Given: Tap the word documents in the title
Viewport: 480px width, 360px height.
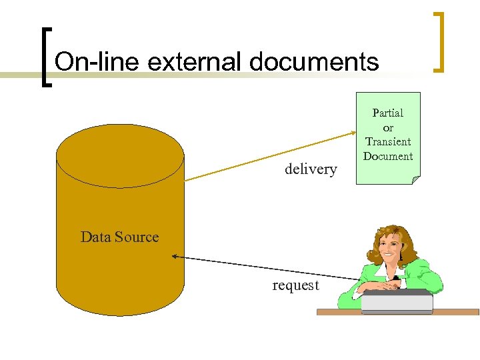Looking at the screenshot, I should click(314, 62).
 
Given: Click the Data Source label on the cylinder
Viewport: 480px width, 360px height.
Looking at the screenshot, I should click(119, 237).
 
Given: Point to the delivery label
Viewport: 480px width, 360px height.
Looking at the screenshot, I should click(311, 169).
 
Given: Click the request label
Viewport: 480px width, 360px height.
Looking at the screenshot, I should click(295, 285).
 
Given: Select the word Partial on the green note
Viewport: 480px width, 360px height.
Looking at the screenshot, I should click(387, 113).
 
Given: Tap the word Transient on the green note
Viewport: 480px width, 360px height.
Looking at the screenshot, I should click(388, 141).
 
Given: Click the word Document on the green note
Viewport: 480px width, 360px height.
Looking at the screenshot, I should click(388, 156).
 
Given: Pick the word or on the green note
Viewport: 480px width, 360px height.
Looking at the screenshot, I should click(388, 127).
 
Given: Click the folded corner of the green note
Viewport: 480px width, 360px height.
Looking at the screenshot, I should click(415, 179).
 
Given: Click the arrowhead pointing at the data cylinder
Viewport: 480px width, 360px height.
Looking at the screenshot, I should click(175, 256).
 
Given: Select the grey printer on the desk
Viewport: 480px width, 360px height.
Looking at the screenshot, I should click(397, 301).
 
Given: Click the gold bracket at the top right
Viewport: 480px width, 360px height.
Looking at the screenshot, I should click(439, 41).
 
